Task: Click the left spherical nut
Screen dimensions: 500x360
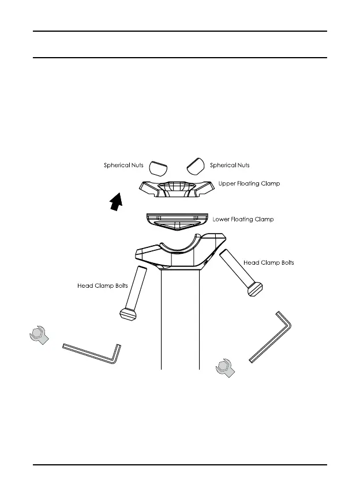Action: tap(158, 167)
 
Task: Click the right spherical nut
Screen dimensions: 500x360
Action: tap(196, 166)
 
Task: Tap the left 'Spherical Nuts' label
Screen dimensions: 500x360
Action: tap(123, 166)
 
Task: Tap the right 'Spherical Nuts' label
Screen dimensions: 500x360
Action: tap(230, 166)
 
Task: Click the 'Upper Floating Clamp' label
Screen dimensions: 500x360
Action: tap(249, 184)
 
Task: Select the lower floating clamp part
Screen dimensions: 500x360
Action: tap(176, 220)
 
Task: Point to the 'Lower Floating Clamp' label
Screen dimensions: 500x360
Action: tap(243, 220)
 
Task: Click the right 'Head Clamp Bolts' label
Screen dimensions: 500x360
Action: tap(269, 262)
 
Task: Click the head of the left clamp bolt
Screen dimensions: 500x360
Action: tap(127, 314)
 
